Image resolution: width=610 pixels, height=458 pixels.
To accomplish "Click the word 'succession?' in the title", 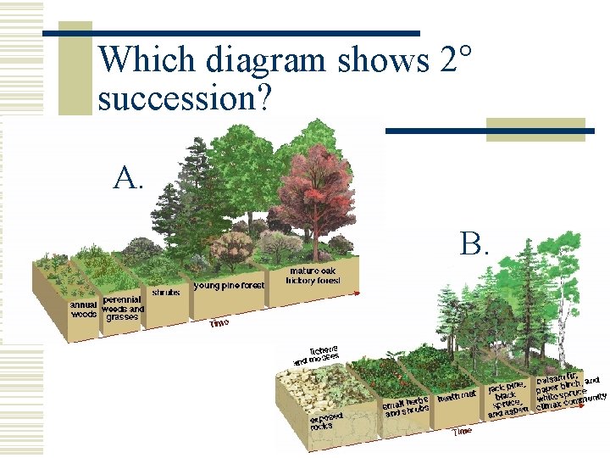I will (185, 98).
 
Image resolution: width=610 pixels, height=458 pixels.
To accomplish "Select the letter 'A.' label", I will (129, 178).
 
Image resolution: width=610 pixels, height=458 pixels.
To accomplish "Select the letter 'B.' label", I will (475, 244).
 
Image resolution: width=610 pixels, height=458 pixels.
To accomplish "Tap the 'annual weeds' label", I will (83, 310).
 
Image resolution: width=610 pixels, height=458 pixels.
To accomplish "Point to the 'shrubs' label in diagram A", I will (165, 293).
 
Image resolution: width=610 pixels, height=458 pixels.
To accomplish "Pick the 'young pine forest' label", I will (229, 286).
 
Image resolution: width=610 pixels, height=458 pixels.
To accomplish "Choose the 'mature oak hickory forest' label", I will (313, 276).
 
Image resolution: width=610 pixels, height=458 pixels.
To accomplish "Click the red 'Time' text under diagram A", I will (219, 322).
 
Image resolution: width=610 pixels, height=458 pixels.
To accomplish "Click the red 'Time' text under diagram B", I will (462, 431).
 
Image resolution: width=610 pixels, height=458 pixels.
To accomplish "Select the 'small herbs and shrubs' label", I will (406, 407).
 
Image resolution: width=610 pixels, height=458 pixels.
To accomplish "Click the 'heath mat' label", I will (457, 396).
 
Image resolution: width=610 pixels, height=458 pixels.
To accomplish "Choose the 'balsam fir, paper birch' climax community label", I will (570, 390).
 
